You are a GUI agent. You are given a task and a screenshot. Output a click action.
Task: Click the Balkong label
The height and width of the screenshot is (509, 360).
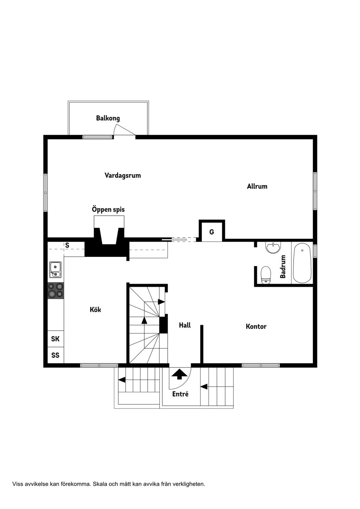pyautogui.click(x=108, y=118)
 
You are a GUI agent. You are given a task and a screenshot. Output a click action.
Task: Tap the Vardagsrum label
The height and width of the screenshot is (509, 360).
pyautogui.click(x=123, y=175)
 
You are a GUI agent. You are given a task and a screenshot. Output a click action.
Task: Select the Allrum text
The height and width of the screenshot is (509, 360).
pyautogui.click(x=257, y=186)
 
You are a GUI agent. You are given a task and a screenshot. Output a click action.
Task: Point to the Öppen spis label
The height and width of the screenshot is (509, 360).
pyautogui.click(x=108, y=209)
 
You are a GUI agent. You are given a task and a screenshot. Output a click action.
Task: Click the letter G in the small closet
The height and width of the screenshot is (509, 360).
pyautogui.click(x=211, y=232)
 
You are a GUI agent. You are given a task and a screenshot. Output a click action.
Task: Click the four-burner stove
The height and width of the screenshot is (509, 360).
pyautogui.click(x=55, y=290)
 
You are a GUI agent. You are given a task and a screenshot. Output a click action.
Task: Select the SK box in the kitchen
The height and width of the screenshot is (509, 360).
pyautogui.click(x=55, y=339)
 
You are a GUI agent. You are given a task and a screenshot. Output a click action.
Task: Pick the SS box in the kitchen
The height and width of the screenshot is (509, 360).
pyautogui.click(x=55, y=355)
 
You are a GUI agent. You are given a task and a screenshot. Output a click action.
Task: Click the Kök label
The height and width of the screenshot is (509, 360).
pyautogui.click(x=95, y=310)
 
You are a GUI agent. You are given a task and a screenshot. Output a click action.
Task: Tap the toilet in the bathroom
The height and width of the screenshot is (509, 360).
pyautogui.click(x=266, y=275)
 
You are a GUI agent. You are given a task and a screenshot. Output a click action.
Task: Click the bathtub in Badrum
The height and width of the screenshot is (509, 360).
pyautogui.click(x=302, y=263)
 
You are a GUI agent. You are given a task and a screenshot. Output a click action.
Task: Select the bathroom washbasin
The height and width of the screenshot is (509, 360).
pyautogui.click(x=273, y=248)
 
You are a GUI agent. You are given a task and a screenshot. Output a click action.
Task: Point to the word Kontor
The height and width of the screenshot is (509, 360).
pyautogui.click(x=256, y=326)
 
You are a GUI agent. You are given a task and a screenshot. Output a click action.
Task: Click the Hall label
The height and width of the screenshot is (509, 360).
pyautogui.click(x=184, y=325)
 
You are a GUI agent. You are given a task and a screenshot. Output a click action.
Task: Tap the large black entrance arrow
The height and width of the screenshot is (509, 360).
pyautogui.click(x=180, y=373)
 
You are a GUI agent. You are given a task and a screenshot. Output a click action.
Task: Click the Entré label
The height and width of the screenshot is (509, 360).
pyautogui.click(x=180, y=394)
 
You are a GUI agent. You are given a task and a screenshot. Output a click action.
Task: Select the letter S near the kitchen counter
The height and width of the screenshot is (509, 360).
pyautogui.click(x=67, y=246)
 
